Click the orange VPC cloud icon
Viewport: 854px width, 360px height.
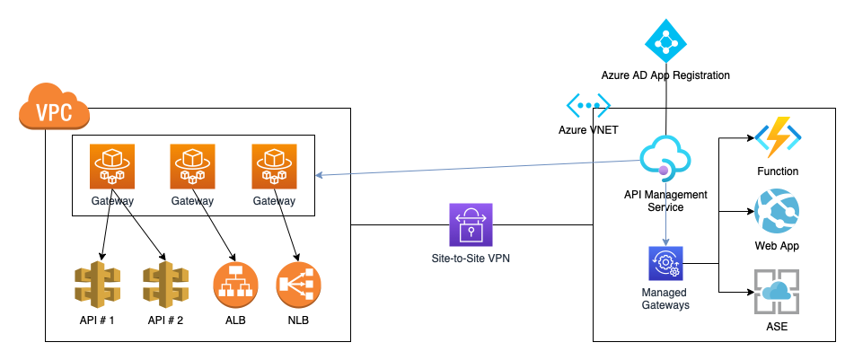(x=53, y=110)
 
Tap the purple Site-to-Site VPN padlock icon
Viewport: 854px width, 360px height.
(x=471, y=224)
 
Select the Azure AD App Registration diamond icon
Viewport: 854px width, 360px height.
(x=665, y=39)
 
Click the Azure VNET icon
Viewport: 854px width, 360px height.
(x=588, y=106)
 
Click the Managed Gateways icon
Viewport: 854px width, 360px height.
(x=665, y=264)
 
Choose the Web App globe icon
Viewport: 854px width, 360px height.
(x=778, y=213)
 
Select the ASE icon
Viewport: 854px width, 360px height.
(x=778, y=291)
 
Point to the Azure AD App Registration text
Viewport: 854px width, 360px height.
(x=665, y=75)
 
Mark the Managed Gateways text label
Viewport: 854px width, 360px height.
(x=665, y=299)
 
